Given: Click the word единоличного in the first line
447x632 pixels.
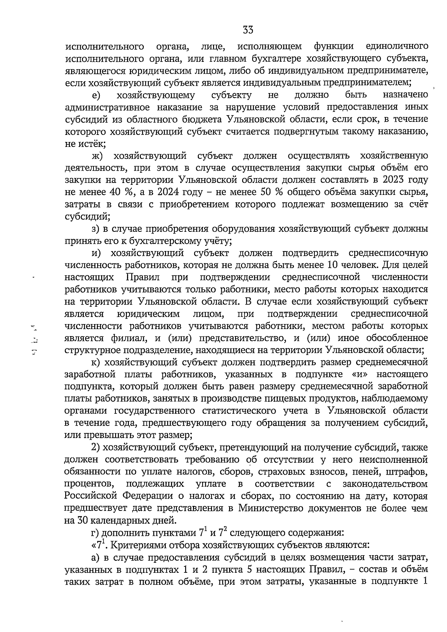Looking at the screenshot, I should (x=397, y=47).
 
